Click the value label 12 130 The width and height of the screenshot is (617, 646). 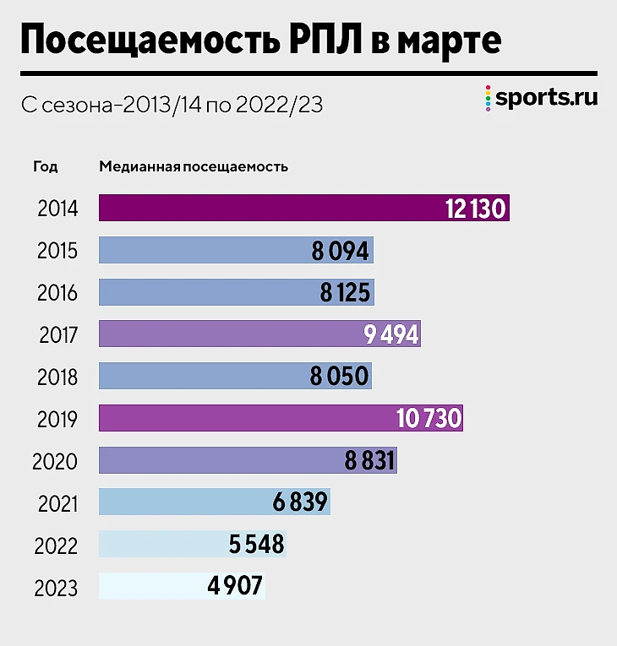(x=476, y=209)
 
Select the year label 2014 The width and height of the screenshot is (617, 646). (x=57, y=209)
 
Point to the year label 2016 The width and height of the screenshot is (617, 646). (x=57, y=293)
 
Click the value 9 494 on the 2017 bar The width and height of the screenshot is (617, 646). (x=390, y=335)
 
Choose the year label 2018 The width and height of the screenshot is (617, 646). (x=57, y=377)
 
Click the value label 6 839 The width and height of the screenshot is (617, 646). (x=299, y=503)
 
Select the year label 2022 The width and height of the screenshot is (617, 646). (x=57, y=546)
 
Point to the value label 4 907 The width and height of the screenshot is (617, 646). (x=235, y=587)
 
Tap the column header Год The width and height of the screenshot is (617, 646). (x=46, y=166)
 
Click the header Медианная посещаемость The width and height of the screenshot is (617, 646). (x=194, y=166)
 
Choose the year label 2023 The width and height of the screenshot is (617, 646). (x=57, y=588)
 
